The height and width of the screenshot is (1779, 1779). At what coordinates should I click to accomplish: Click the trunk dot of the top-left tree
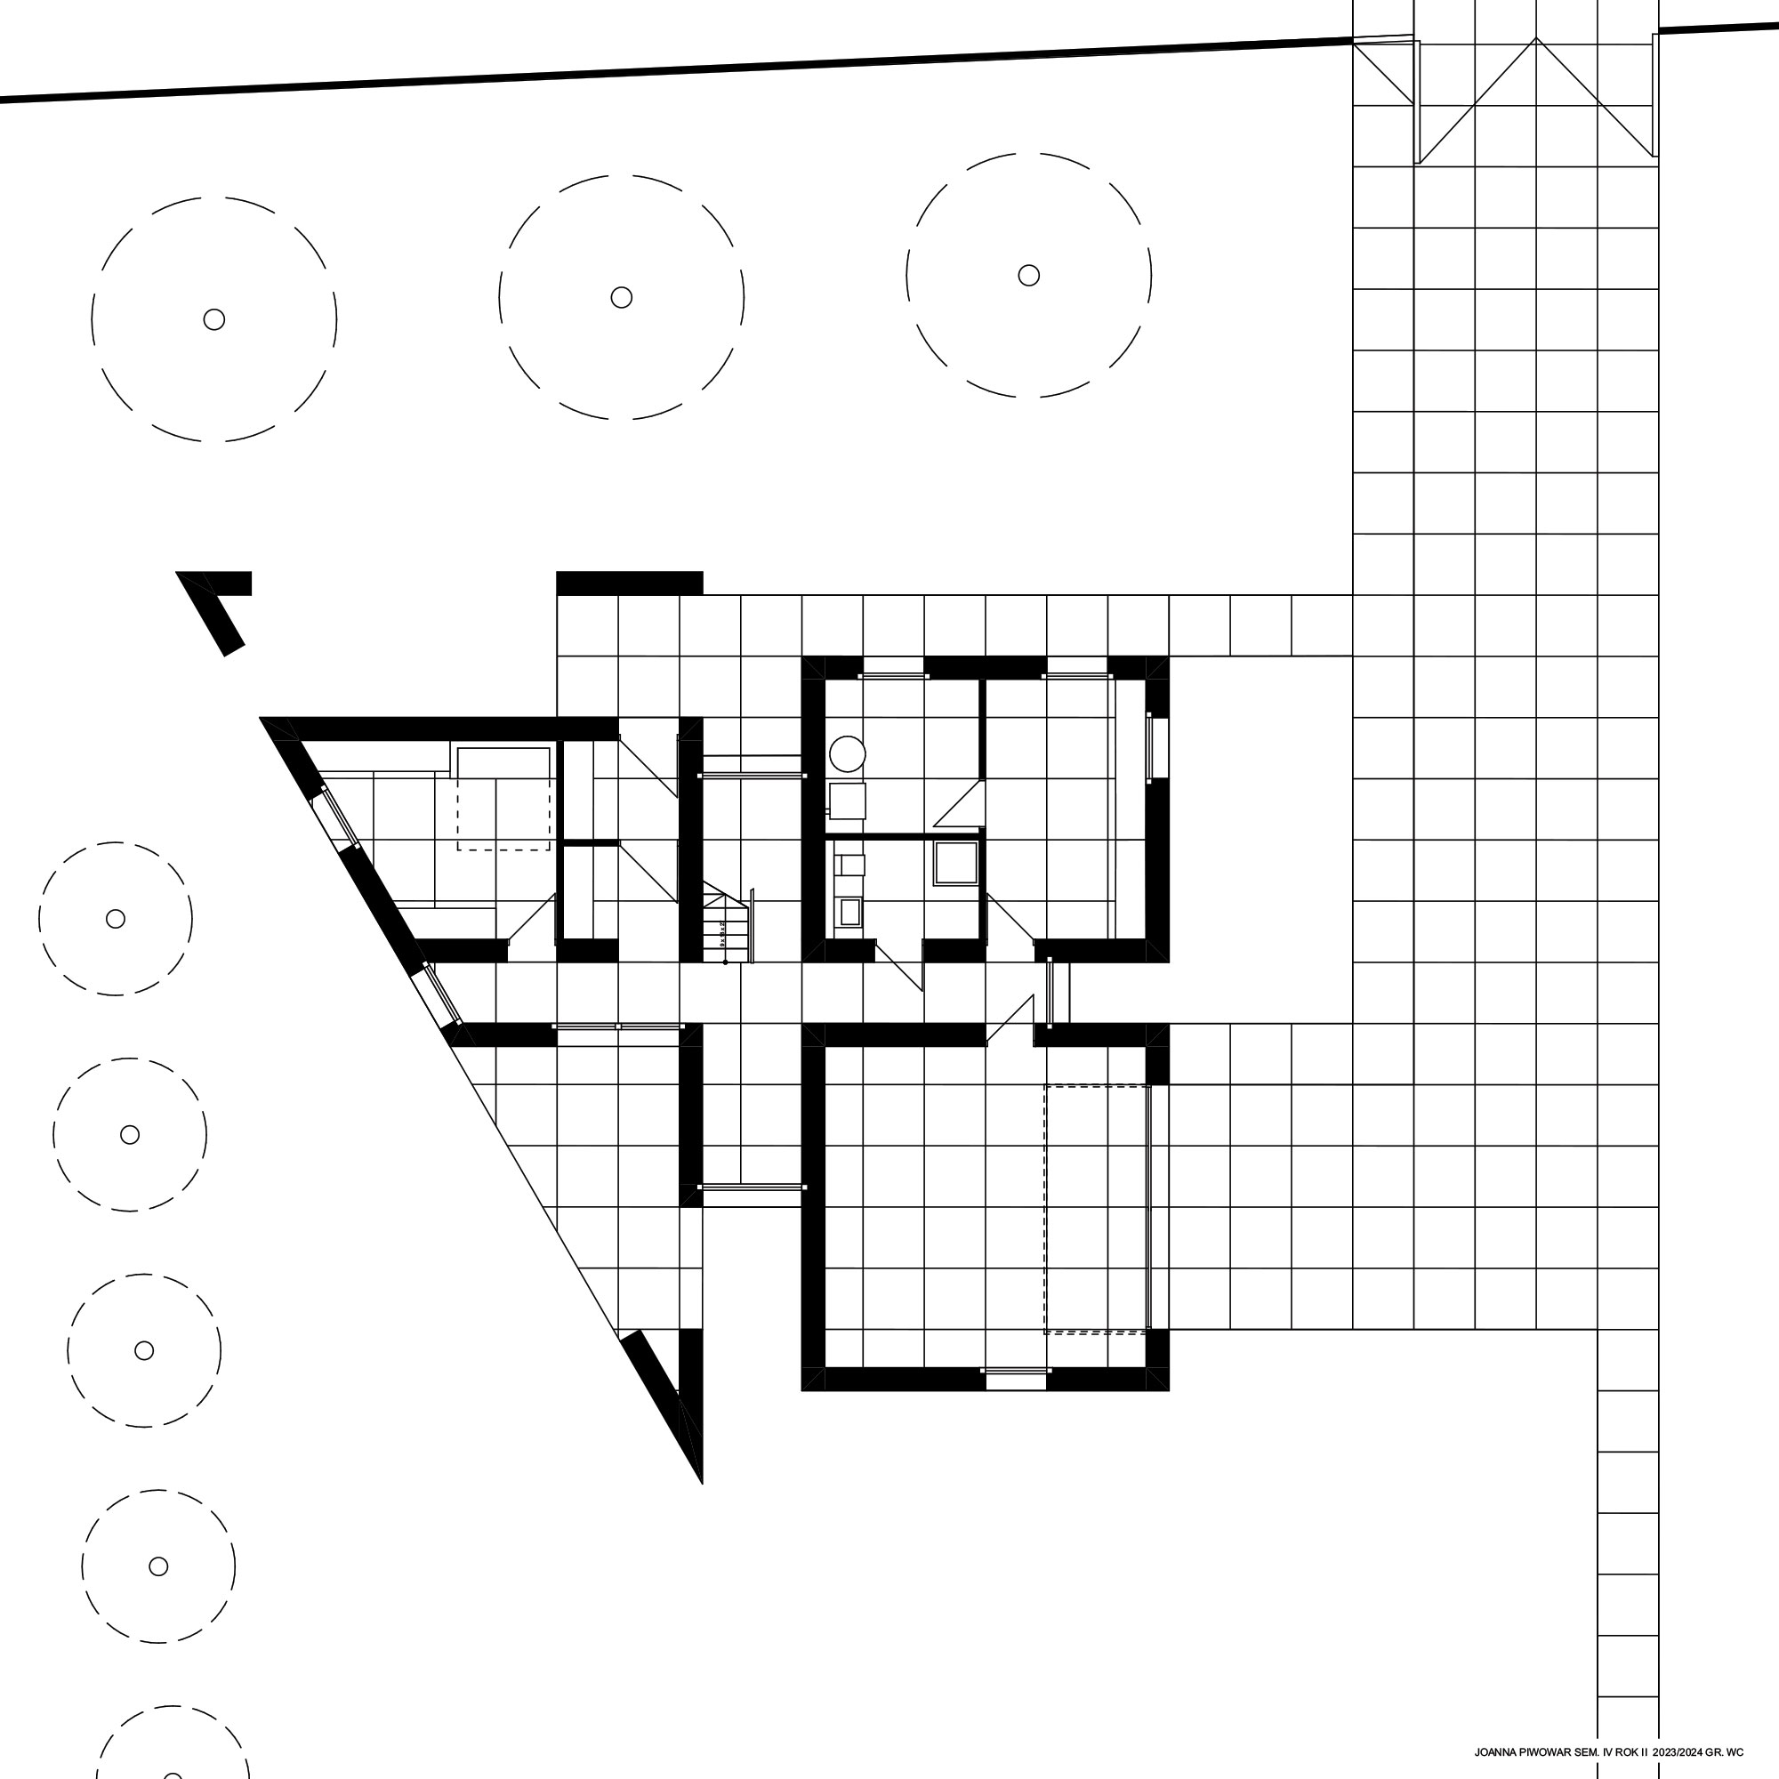point(213,319)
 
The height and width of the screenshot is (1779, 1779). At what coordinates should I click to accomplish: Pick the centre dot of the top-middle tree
point(622,297)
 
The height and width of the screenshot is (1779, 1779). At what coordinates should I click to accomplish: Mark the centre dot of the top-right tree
point(1028,276)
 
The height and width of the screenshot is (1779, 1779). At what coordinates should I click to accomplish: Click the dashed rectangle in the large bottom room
point(1097,1209)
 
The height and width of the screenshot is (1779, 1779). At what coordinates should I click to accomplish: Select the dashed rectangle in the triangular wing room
point(503,800)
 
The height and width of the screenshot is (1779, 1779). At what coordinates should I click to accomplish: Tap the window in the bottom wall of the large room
point(1015,1379)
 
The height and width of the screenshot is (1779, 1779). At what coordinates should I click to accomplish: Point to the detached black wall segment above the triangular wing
point(630,583)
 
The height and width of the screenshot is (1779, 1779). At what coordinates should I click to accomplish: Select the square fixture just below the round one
point(847,801)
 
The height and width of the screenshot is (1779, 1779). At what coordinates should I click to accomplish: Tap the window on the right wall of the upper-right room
point(1157,749)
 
